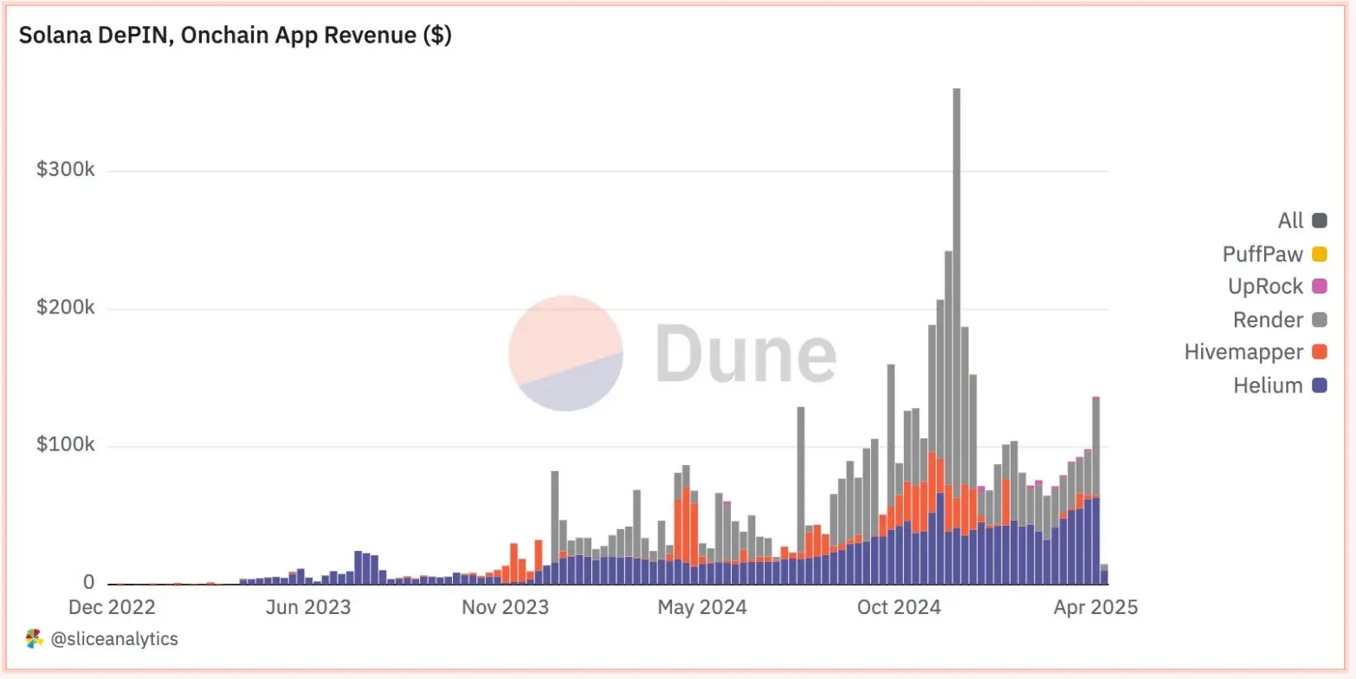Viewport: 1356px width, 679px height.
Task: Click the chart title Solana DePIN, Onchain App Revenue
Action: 235,36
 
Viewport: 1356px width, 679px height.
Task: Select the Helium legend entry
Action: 1268,386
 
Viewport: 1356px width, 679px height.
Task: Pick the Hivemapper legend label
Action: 1243,353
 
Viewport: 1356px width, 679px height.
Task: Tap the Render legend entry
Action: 1268,320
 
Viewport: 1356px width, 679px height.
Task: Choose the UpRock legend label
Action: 1265,287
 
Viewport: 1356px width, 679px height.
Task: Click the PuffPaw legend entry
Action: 1262,254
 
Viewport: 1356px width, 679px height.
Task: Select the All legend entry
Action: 1290,221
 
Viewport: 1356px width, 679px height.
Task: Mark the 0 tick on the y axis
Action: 89,584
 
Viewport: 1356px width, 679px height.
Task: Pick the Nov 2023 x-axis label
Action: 505,607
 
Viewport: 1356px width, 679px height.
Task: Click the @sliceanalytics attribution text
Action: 113,640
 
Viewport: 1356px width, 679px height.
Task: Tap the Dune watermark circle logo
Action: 566,352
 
